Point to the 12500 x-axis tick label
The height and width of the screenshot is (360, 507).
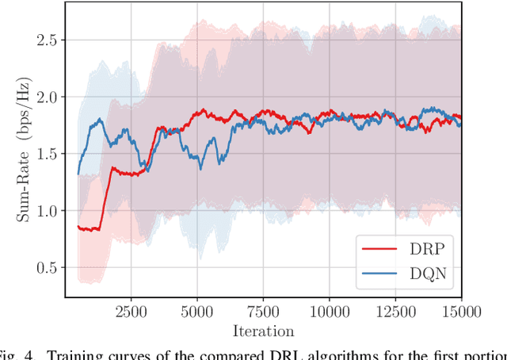pos(395,312)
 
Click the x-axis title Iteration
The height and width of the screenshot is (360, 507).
pos(263,331)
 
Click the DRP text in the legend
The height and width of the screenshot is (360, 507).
pos(429,248)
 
